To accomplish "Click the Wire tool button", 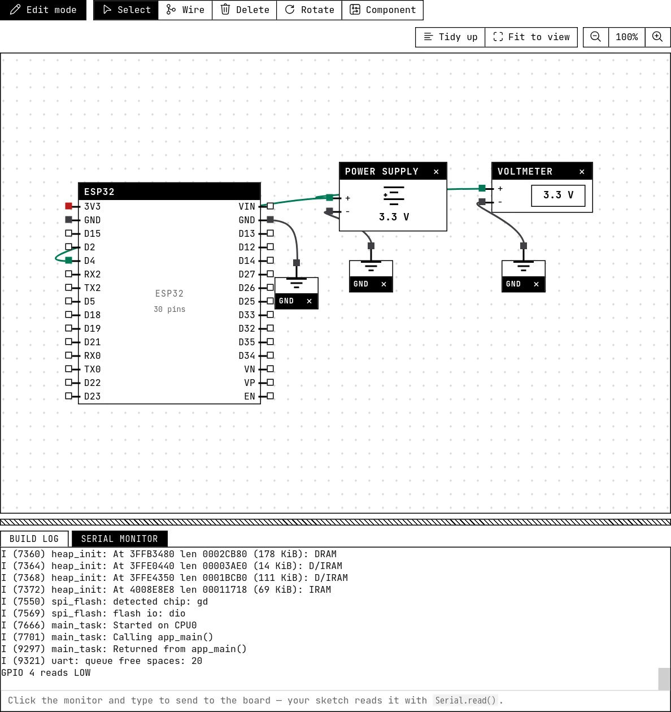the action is (x=185, y=10).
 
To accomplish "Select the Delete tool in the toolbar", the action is (x=245, y=10).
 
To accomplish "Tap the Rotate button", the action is (x=310, y=10).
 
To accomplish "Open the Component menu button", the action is (x=382, y=10).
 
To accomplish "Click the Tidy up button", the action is (x=450, y=37).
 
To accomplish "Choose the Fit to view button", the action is (x=531, y=37).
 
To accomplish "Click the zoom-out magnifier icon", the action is (x=596, y=37).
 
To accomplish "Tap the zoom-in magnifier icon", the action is (x=657, y=37).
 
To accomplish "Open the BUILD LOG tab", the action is (x=34, y=539).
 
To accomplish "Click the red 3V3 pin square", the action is (x=68, y=206).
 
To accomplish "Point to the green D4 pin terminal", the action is (x=68, y=261).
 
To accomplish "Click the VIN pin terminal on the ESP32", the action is (x=270, y=206).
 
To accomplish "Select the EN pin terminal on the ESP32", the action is (x=270, y=396).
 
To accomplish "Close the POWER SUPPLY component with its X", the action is (x=436, y=172).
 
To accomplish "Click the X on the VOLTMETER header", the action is (x=582, y=172).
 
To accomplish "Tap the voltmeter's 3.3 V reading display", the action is (x=558, y=196).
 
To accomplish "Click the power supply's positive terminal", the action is (x=330, y=197).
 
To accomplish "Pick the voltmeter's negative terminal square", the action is (x=482, y=202).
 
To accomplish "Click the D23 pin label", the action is (x=93, y=396).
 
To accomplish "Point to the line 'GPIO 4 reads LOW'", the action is (x=46, y=672).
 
